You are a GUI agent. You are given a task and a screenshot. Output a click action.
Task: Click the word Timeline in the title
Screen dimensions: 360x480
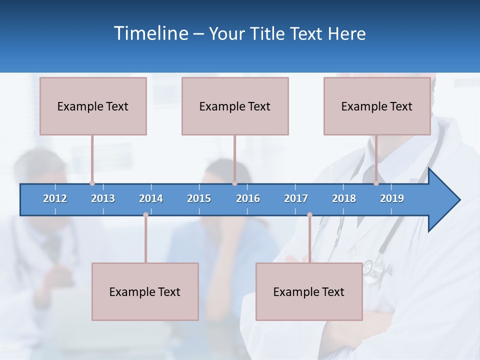click(x=151, y=33)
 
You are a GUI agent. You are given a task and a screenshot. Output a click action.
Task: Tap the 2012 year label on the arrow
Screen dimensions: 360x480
click(x=55, y=198)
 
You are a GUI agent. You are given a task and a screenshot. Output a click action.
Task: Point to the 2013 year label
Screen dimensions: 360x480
click(x=103, y=198)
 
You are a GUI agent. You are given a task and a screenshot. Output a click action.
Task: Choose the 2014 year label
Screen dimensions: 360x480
click(x=151, y=198)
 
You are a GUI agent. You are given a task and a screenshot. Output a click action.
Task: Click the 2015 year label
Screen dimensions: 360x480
click(x=199, y=198)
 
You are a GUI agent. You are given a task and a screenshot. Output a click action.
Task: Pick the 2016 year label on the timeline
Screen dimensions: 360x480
click(x=248, y=198)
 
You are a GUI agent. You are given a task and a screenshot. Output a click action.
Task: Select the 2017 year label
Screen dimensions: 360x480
click(x=296, y=198)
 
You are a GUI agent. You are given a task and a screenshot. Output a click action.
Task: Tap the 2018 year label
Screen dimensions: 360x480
click(x=344, y=198)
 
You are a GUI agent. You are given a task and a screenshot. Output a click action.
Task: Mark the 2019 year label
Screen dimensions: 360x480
click(x=392, y=198)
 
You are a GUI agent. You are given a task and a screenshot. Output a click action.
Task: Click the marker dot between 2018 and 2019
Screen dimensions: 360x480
click(x=376, y=183)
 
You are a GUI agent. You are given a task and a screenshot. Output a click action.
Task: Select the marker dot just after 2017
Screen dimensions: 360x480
click(x=309, y=214)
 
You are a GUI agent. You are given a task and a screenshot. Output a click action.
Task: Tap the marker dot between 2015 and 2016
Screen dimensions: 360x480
click(x=234, y=183)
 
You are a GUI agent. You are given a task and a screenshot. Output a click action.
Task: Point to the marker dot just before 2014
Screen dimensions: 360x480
click(x=145, y=214)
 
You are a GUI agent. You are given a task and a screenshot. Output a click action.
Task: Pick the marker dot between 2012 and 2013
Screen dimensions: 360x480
click(x=92, y=183)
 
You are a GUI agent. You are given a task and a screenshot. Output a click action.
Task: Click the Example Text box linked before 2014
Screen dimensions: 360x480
click(x=145, y=291)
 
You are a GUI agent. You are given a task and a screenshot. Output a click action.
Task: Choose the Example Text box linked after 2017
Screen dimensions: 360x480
click(x=309, y=291)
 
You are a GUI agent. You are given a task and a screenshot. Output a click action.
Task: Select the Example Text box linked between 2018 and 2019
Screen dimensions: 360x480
click(x=377, y=106)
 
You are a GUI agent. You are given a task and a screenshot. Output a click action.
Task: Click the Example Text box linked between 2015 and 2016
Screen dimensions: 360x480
click(x=235, y=106)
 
